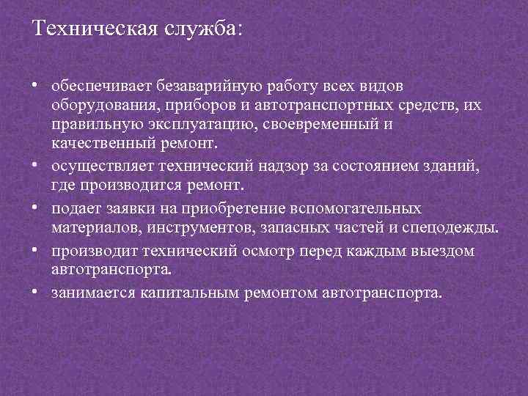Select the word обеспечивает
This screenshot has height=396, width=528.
(x=97, y=88)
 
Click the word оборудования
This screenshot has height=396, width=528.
(x=98, y=106)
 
